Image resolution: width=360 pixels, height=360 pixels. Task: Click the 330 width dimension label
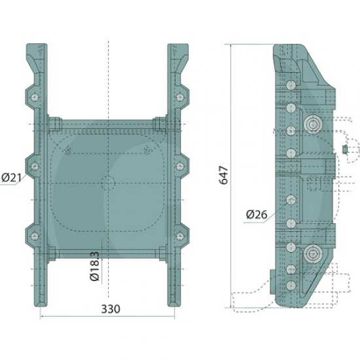point(111,309)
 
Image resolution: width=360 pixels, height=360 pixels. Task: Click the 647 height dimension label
point(224,175)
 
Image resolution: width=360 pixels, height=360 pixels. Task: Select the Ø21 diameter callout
point(11,177)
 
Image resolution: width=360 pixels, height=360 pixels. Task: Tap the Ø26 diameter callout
point(257,215)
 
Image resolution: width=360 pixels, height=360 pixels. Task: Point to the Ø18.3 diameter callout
point(95,266)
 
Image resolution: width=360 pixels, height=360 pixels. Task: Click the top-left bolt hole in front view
point(35,98)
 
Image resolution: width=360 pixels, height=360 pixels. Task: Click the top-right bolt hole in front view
point(180,98)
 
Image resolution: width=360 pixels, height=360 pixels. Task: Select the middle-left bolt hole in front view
point(35,166)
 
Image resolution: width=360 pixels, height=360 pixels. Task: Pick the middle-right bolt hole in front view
point(180,166)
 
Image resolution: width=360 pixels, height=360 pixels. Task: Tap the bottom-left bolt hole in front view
point(35,236)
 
